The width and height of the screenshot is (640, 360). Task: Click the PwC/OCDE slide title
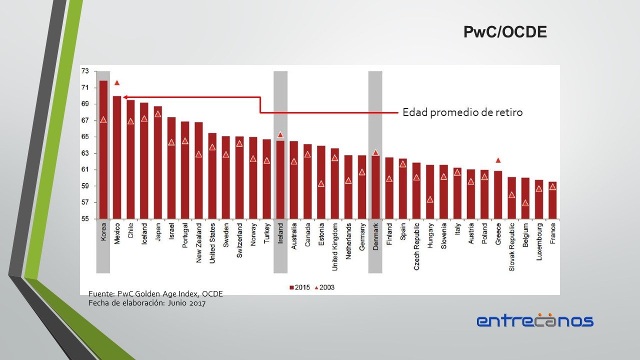point(504,32)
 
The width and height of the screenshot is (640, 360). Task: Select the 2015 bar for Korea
point(103,150)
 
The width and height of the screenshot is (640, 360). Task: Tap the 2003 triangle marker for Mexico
point(117,83)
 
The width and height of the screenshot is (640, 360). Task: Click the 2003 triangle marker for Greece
point(498,160)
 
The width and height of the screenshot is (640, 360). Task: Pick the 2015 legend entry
point(299,287)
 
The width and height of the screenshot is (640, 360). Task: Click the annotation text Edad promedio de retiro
point(462,112)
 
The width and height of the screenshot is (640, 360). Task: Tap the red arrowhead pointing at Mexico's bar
point(125,97)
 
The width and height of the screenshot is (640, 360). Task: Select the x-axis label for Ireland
point(280,233)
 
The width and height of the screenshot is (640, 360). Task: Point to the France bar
point(552,200)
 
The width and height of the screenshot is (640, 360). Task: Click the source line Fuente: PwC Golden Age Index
point(155,294)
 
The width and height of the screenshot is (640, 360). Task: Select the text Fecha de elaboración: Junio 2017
point(147,302)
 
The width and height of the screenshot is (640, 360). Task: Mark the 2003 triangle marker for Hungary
point(430,199)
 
